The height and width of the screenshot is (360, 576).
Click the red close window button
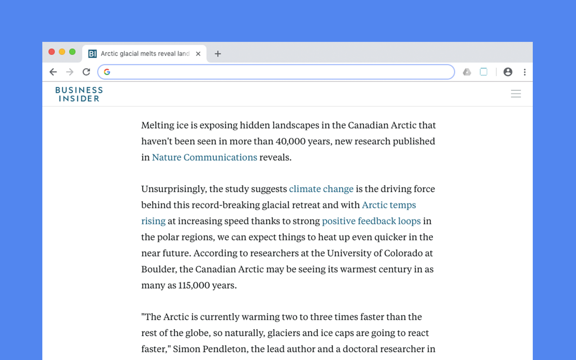tap(52, 52)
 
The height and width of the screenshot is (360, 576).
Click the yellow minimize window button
tap(62, 52)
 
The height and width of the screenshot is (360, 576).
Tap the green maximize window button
tap(72, 52)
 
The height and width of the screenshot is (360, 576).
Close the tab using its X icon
tap(198, 54)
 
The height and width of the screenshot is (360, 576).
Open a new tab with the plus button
tap(218, 54)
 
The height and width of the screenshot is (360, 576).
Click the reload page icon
tap(86, 72)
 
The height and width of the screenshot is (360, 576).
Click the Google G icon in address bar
tap(107, 72)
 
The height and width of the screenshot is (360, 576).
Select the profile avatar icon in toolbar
tap(508, 72)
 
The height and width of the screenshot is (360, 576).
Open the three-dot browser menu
tap(525, 72)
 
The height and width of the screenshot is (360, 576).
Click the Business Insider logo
tap(79, 94)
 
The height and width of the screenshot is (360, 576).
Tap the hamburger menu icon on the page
tap(516, 94)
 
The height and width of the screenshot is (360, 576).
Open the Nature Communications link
tap(204, 157)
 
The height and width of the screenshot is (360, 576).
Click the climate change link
tap(321, 189)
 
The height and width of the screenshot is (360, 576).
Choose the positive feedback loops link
tap(371, 221)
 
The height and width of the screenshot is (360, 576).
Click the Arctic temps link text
tap(389, 205)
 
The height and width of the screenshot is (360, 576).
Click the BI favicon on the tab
tap(93, 54)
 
